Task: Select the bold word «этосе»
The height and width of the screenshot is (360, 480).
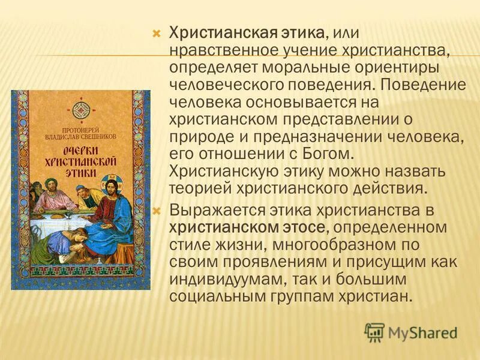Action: [x=305, y=229]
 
